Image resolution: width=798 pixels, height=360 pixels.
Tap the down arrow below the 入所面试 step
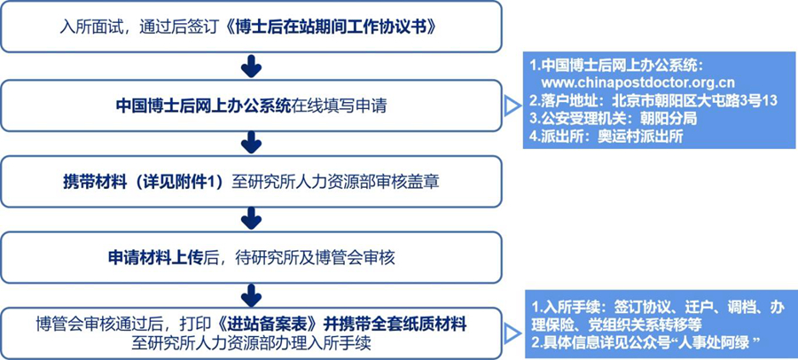[x=252, y=66]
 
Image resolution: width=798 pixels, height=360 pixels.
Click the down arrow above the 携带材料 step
[x=252, y=142]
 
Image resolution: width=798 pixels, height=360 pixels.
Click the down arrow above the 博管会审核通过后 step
[x=252, y=293]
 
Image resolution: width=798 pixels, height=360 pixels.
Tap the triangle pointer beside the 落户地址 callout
[x=511, y=106]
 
